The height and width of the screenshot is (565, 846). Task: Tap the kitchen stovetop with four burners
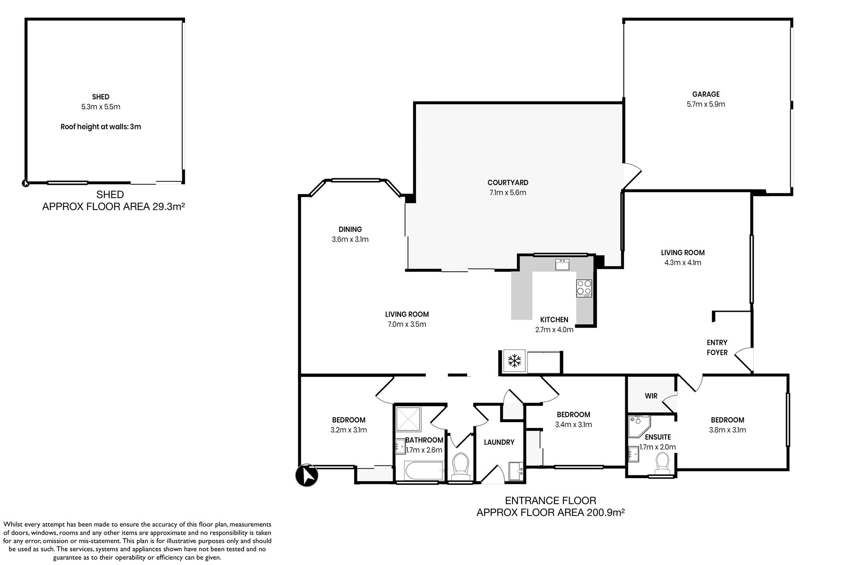tap(584, 288)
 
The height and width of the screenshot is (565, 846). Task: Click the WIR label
tap(651, 396)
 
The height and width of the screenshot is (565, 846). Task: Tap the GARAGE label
tap(706, 94)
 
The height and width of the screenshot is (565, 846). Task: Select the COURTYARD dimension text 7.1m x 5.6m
tap(508, 192)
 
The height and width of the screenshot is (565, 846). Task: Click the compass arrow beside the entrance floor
tap(307, 475)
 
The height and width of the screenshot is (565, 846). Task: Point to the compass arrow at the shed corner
tap(25, 183)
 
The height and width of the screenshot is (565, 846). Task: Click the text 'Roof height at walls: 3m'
tap(101, 127)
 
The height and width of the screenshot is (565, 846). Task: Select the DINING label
tap(350, 229)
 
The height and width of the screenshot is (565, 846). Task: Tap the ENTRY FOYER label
tap(717, 348)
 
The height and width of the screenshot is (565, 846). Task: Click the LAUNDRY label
tap(499, 442)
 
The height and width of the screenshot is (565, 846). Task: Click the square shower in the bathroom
tap(409, 419)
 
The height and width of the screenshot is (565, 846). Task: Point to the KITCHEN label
tap(554, 320)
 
